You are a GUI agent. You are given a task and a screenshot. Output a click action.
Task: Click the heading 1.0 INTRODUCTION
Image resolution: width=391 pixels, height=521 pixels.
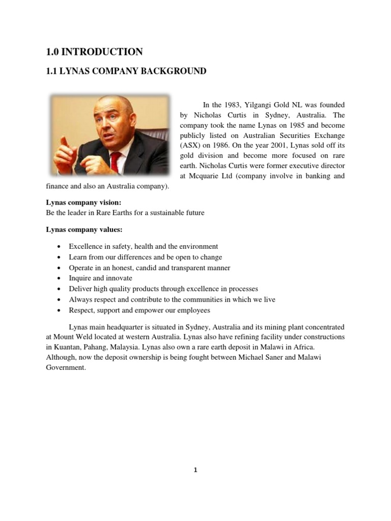(94, 52)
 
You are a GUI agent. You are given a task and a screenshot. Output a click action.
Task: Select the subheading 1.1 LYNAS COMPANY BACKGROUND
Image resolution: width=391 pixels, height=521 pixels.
(126, 72)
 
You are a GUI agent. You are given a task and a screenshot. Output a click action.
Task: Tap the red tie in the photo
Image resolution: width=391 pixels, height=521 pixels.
(116, 162)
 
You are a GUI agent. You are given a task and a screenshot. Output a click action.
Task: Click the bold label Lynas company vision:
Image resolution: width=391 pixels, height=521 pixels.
(83, 202)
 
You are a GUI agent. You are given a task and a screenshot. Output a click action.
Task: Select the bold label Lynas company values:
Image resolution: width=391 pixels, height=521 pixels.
(84, 229)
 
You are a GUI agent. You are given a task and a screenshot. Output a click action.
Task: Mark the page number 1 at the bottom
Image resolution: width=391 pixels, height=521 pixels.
(195, 471)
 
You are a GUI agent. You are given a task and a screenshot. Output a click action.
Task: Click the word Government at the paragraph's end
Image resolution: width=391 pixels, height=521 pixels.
(65, 367)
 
